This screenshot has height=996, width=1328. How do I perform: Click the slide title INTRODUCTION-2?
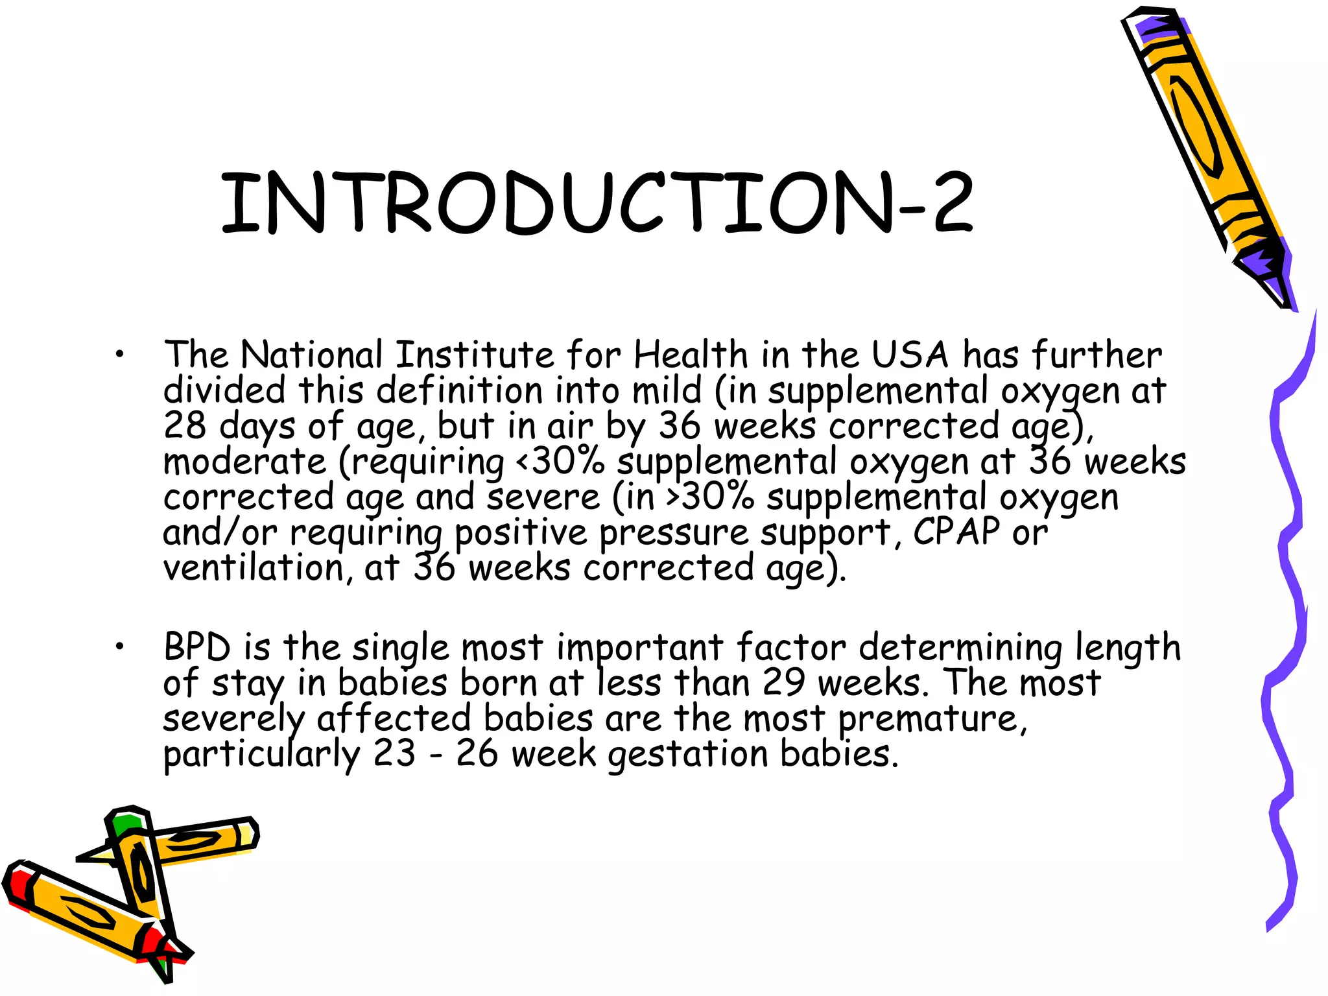click(x=597, y=202)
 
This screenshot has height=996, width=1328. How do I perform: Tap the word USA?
click(x=909, y=355)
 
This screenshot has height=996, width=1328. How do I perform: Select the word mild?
click(x=667, y=391)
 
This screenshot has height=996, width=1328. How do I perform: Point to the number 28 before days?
click(x=185, y=427)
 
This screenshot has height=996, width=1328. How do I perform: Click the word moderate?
click(x=245, y=462)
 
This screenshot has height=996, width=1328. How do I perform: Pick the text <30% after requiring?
click(x=560, y=462)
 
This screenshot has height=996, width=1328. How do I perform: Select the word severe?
click(x=543, y=498)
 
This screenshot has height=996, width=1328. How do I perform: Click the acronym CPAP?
click(x=956, y=533)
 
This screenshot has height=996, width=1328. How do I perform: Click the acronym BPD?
click(x=197, y=648)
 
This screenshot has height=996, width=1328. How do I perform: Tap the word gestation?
click(x=687, y=754)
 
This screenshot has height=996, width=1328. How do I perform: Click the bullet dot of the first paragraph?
click(x=119, y=355)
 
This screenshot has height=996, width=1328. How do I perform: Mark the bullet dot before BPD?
click(x=119, y=646)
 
